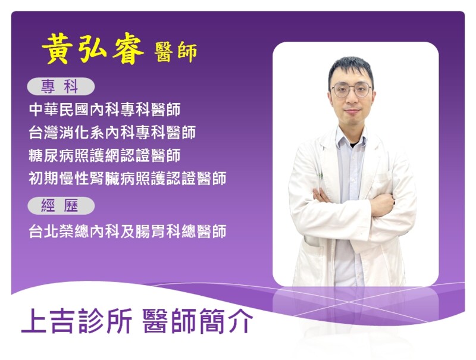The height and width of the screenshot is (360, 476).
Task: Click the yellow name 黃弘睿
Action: [93, 49]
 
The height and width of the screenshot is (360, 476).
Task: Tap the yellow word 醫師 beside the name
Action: [176, 52]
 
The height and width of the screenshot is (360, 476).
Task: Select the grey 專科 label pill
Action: [61, 86]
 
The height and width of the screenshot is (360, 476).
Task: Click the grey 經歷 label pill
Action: [61, 206]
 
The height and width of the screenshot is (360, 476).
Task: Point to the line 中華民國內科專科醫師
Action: [105, 109]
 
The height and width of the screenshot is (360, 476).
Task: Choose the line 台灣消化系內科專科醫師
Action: [112, 132]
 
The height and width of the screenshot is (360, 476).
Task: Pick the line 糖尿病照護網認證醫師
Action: [105, 155]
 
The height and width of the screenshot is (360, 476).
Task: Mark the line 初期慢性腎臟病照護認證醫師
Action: [127, 178]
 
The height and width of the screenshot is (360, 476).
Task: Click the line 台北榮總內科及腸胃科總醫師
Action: [127, 231]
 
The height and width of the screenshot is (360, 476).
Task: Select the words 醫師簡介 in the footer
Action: [198, 321]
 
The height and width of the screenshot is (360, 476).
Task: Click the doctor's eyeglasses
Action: [351, 90]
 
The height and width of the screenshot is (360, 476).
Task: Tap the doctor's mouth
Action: [352, 111]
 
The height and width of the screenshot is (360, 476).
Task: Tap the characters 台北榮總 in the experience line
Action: [59, 231]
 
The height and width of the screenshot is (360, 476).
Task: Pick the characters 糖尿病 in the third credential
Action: [52, 155]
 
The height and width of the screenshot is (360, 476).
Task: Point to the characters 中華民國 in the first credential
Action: [59, 109]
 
